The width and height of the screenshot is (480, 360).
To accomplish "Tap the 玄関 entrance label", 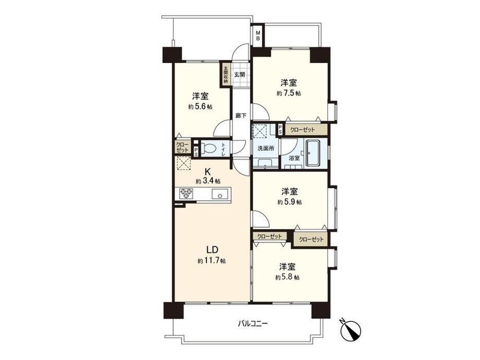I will click(240, 75).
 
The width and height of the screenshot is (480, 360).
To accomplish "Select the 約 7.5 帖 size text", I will click(289, 93).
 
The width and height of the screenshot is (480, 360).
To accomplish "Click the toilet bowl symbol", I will click(210, 148).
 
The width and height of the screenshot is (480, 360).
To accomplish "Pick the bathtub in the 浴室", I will click(316, 153).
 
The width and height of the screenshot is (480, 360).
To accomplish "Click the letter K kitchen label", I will click(207, 171).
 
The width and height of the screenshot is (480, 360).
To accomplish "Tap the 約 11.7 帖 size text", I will click(211, 260).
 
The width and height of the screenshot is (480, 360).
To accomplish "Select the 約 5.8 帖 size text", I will click(287, 278).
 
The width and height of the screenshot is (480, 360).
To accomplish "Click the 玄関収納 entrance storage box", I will click(226, 74).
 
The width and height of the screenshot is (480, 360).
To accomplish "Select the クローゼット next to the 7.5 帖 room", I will click(303, 129).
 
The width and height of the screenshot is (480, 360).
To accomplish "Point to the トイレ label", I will click(223, 149).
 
